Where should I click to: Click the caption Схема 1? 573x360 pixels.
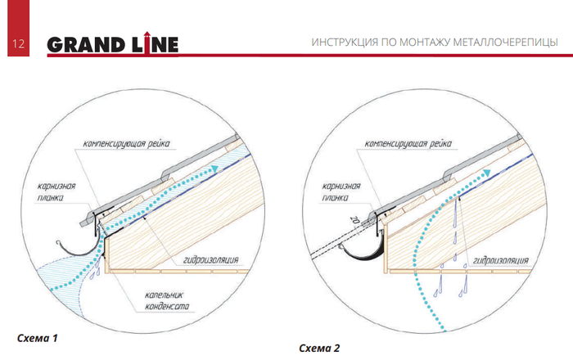(39, 336)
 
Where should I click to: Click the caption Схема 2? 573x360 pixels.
(319, 348)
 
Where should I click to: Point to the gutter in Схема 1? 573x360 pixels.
(79, 246)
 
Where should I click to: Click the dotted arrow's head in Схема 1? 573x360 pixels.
(214, 169)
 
